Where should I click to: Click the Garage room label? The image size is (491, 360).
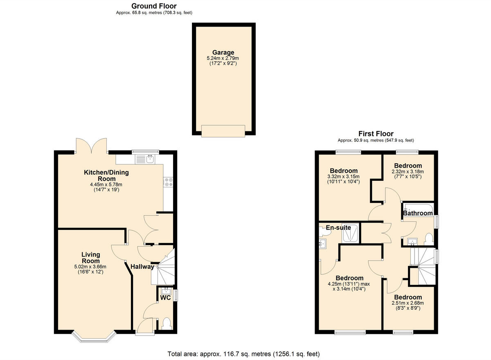click(x=223, y=52)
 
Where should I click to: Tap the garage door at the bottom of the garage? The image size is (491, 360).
click(x=223, y=130)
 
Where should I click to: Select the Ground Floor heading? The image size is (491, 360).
click(x=154, y=6)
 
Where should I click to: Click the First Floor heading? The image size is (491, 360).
click(x=376, y=134)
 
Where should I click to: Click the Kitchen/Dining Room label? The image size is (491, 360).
click(x=106, y=175)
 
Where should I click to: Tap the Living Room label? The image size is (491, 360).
click(x=90, y=258)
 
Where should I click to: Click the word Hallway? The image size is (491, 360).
click(x=142, y=267)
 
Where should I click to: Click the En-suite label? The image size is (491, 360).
click(x=338, y=227)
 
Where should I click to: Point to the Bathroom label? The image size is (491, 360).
click(x=418, y=213)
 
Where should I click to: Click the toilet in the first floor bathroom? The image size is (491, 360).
click(x=429, y=239)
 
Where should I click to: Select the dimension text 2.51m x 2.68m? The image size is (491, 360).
click(x=408, y=303)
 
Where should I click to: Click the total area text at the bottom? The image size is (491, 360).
click(x=243, y=354)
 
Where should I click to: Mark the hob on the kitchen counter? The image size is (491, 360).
click(x=168, y=182)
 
